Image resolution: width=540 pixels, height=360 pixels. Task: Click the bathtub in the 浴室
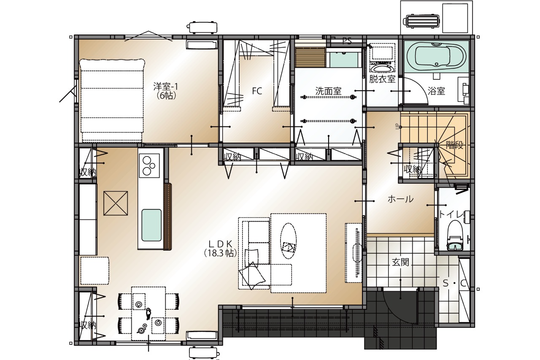[436, 57]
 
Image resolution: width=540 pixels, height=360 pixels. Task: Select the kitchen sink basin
[151, 225]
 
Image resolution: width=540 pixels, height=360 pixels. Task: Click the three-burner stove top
[149, 166]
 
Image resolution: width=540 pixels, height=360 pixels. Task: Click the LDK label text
[220, 244]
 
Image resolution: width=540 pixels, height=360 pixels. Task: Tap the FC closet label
[257, 91]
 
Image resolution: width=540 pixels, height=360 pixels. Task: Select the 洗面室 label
[328, 91]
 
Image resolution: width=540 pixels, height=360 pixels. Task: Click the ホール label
[400, 199]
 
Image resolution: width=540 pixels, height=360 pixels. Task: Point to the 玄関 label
[400, 262]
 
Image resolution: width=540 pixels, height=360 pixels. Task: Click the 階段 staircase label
[455, 145]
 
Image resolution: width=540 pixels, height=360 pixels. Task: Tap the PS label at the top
[347, 41]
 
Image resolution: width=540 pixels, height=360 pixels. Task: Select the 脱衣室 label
[382, 79]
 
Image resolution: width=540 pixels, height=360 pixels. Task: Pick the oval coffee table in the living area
[288, 241]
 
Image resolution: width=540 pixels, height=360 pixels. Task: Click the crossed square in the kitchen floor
[116, 203]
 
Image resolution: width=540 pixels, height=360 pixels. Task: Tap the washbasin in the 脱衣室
[382, 68]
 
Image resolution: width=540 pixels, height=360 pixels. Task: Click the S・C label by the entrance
[454, 284]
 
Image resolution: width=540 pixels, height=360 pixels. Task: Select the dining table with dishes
[148, 314]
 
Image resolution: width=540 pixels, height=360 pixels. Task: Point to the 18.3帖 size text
[220, 253]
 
